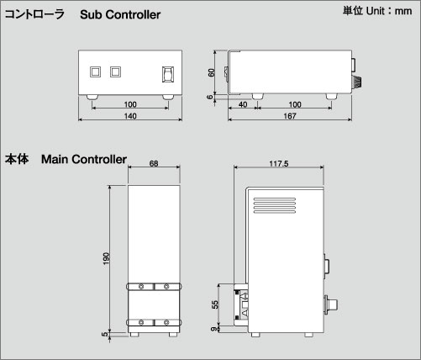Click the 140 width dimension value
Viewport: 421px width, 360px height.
click(x=130, y=116)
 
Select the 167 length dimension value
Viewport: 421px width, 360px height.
click(x=290, y=116)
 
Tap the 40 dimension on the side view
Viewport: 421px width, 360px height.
click(x=243, y=104)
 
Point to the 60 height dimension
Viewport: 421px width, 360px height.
click(x=211, y=72)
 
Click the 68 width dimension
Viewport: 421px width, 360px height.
click(x=154, y=163)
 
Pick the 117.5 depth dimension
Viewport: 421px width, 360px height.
click(x=279, y=163)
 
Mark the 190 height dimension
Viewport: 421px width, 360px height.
click(x=106, y=258)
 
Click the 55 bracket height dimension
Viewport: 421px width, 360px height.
click(x=215, y=304)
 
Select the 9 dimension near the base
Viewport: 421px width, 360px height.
click(x=214, y=329)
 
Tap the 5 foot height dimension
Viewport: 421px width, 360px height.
click(x=105, y=334)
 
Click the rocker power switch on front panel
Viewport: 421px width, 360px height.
click(x=168, y=74)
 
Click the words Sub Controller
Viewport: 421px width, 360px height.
click(x=120, y=14)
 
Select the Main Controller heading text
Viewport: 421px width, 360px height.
click(x=84, y=159)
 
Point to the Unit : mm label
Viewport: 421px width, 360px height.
click(x=389, y=11)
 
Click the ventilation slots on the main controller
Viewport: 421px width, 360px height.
click(x=275, y=205)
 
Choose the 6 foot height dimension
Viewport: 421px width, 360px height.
click(x=210, y=97)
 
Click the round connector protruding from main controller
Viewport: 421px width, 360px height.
click(x=330, y=304)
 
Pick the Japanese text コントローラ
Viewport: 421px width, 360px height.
click(x=34, y=14)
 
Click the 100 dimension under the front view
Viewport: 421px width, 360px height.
click(x=130, y=104)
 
